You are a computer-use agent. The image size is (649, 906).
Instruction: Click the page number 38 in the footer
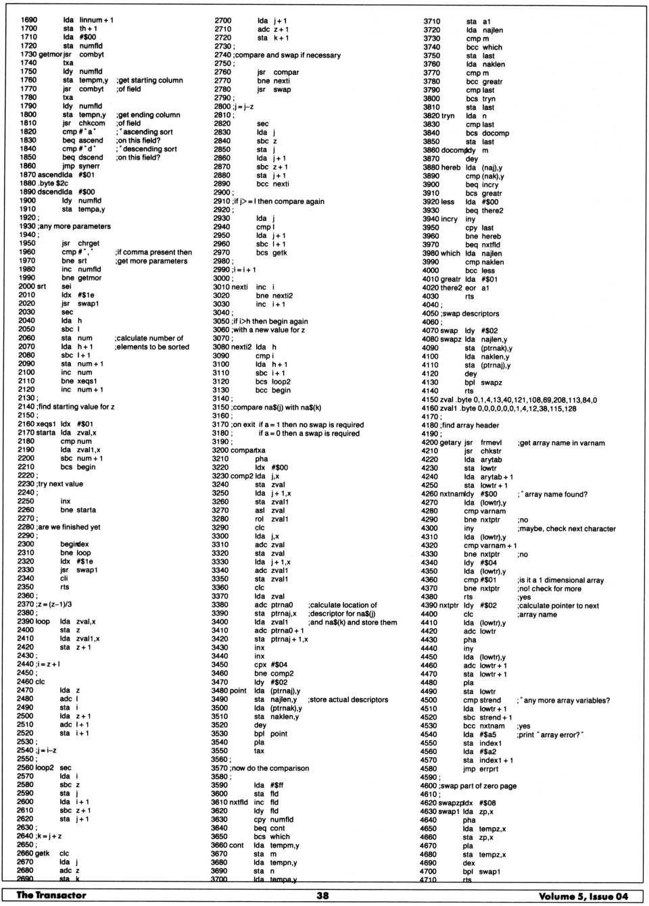click(x=323, y=895)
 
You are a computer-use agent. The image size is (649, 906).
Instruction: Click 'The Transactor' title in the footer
click(x=51, y=895)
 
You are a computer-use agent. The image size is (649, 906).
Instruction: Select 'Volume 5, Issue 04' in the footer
click(x=583, y=896)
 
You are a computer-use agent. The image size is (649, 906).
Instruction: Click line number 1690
click(x=29, y=20)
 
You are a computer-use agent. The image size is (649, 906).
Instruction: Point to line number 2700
click(x=222, y=21)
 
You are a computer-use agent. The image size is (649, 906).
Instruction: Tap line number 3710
click(x=431, y=22)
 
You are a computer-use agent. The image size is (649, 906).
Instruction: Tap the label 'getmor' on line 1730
click(x=51, y=54)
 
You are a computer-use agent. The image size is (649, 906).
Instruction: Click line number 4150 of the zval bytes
click(x=431, y=400)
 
